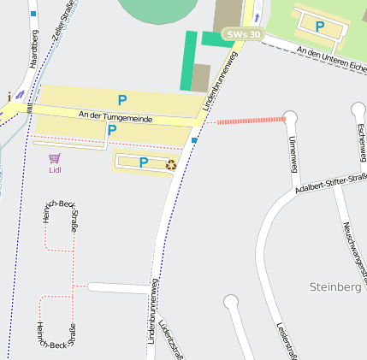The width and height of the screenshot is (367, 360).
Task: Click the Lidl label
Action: pyautogui.click(x=55, y=169)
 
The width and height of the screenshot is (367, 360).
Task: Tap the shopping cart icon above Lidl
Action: pyautogui.click(x=55, y=158)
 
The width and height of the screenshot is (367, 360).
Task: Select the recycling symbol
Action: pyautogui.click(x=171, y=163)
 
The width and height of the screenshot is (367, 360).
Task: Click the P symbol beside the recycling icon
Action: pyautogui.click(x=144, y=162)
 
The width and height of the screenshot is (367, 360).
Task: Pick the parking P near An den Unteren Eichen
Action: pyautogui.click(x=320, y=27)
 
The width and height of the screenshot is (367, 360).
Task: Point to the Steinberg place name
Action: pyautogui.click(x=336, y=287)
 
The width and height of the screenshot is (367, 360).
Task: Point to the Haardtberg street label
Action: pyautogui.click(x=34, y=48)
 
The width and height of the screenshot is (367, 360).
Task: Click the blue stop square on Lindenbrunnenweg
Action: pyautogui.click(x=195, y=139)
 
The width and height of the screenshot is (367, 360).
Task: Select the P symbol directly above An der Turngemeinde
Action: pyautogui.click(x=122, y=99)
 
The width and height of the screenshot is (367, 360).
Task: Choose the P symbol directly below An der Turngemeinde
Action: pyautogui.click(x=111, y=131)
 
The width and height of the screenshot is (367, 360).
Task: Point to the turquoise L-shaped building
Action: pyautogui.click(x=190, y=56)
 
